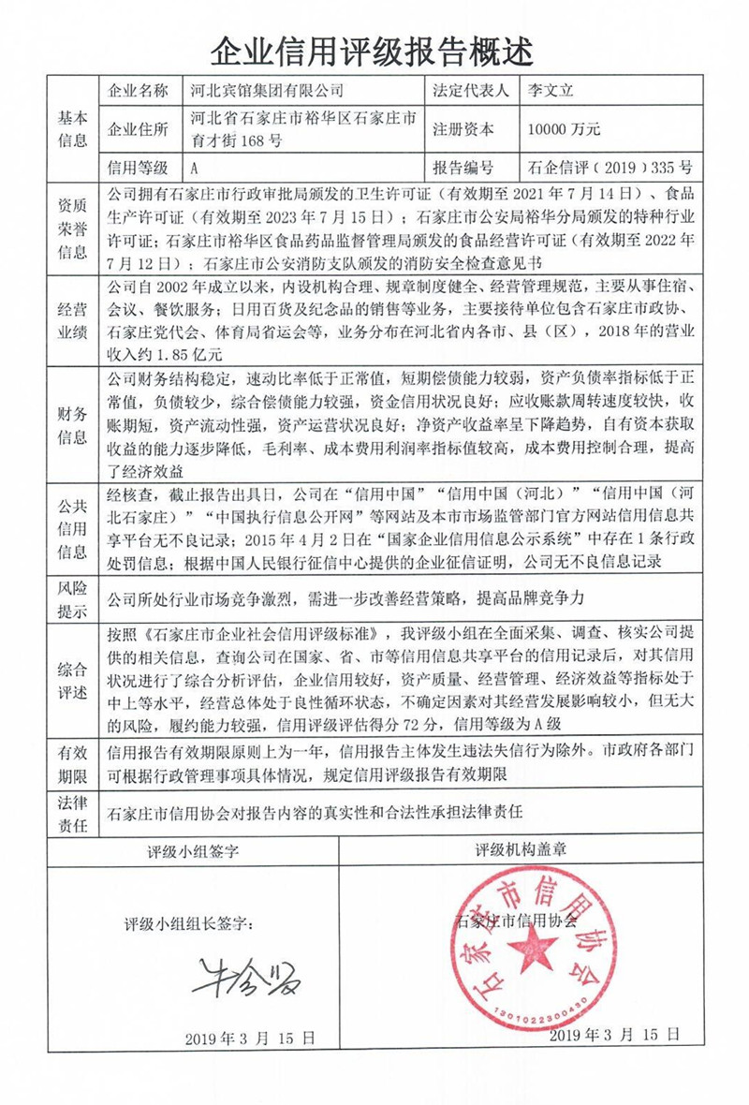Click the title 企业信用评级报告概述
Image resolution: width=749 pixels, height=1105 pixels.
(374, 47)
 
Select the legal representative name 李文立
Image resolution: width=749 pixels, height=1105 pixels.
(551, 91)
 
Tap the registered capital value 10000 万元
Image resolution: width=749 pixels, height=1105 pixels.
(564, 130)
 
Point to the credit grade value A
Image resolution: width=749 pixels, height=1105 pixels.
(194, 169)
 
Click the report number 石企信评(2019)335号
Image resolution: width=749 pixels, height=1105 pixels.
(609, 169)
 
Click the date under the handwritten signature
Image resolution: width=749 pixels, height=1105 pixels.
(249, 1038)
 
